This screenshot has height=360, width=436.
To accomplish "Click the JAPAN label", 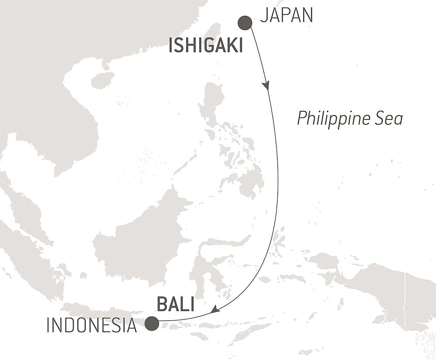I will click(x=286, y=15).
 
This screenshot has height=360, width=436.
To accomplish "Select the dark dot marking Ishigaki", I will click(x=245, y=23).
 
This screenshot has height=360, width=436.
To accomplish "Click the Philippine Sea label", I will click(x=350, y=118).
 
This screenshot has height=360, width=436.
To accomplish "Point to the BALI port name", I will click(x=176, y=305).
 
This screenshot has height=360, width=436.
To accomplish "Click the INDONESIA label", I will click(x=92, y=326).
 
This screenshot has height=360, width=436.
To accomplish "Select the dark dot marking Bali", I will click(x=152, y=323).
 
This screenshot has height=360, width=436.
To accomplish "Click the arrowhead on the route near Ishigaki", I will click(x=266, y=85).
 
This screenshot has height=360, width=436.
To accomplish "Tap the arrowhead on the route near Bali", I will click(x=214, y=310).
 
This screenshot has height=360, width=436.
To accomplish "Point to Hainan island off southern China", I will click(x=102, y=80).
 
